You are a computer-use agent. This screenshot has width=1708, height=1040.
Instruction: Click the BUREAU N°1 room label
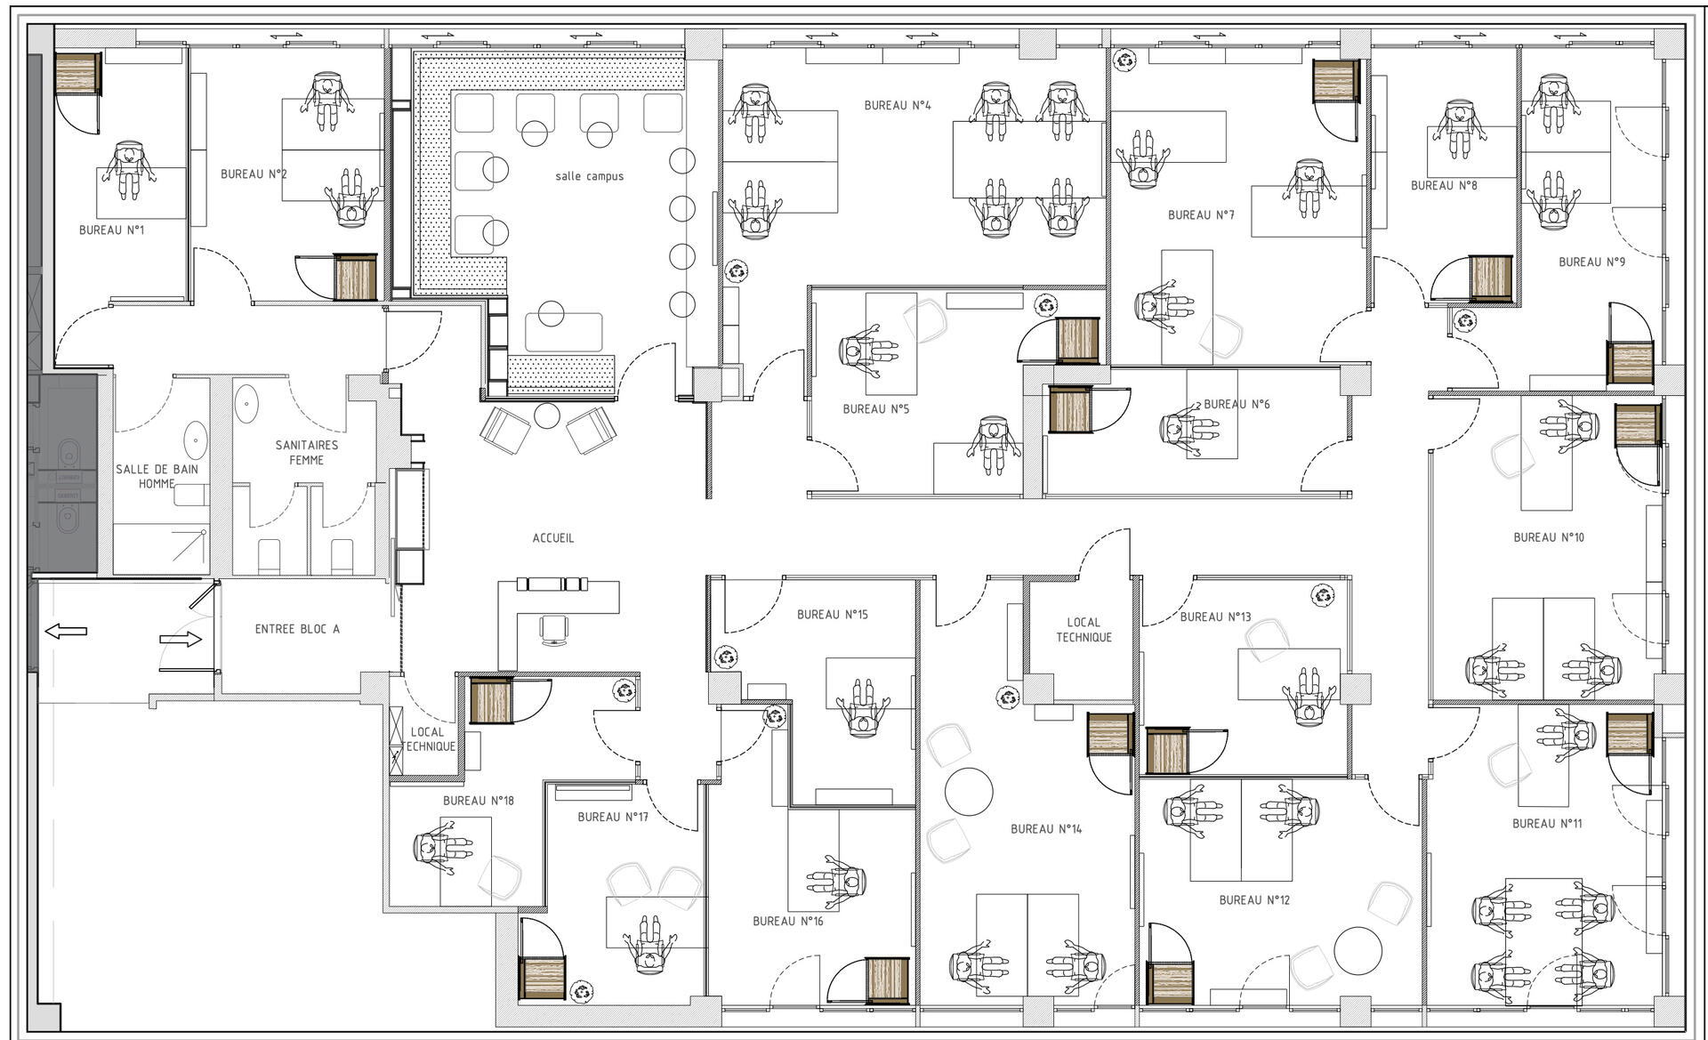click(x=111, y=230)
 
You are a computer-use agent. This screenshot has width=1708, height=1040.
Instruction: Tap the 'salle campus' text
click(x=589, y=176)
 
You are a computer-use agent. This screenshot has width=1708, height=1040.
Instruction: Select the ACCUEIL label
click(x=552, y=538)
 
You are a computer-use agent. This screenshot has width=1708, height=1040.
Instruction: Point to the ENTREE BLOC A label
click(x=297, y=629)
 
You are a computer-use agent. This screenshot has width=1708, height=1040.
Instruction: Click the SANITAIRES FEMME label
click(x=306, y=452)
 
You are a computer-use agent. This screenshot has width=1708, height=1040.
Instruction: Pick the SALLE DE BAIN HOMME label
click(x=157, y=476)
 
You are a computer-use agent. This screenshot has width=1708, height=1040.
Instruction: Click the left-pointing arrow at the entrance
click(x=66, y=632)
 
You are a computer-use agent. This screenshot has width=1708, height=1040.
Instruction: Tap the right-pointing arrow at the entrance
click(x=181, y=639)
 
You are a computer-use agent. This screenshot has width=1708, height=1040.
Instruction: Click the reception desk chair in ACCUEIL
click(x=555, y=629)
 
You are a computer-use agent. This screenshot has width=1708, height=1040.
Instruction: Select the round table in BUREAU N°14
click(x=969, y=791)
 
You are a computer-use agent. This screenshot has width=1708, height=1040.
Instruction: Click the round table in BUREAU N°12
click(x=1358, y=951)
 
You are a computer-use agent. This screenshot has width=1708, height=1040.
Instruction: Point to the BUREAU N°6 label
click(x=1237, y=404)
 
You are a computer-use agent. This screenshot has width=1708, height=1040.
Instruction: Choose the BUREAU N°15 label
click(x=832, y=615)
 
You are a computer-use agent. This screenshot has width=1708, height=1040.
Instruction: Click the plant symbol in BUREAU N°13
click(x=1323, y=596)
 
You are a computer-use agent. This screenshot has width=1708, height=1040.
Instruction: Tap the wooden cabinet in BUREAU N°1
click(x=77, y=74)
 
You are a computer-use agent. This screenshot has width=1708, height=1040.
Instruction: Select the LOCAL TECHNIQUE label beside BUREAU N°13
click(x=1084, y=630)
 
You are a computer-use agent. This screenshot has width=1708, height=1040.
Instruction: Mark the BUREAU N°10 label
click(x=1549, y=537)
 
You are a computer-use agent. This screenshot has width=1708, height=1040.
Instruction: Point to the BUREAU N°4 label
click(x=898, y=105)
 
